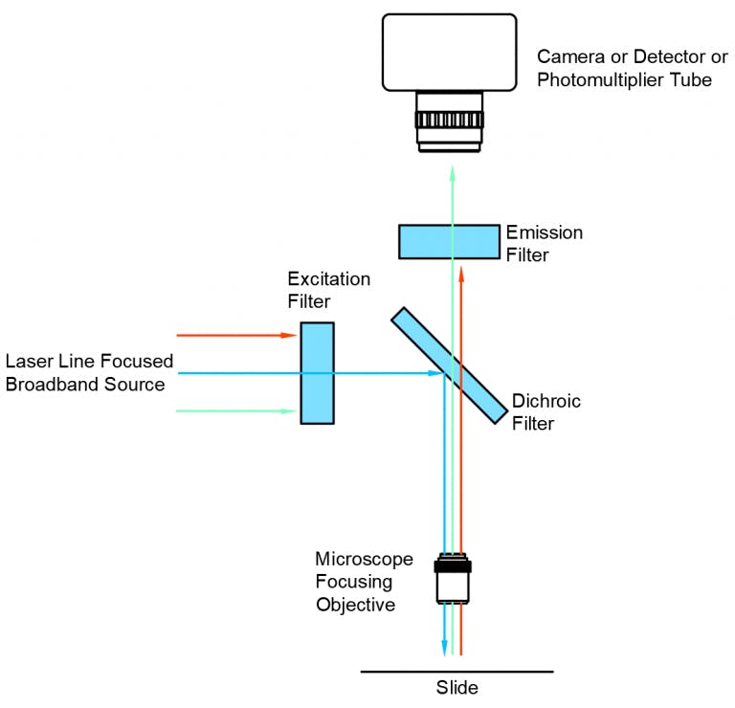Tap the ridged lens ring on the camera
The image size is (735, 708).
coord(449,120)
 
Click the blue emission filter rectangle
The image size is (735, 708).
coord(449,242)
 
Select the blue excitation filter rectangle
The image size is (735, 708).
coord(317,373)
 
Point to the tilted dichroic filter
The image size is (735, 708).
coord(449,365)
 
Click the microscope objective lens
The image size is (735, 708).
coord(453,578)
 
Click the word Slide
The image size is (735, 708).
coord(457,688)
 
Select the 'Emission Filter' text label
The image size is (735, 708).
coord(544,244)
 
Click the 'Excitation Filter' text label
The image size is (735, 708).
coord(328,290)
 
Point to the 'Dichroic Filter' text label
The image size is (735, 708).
coord(546,410)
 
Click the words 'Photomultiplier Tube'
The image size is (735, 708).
coord(624,79)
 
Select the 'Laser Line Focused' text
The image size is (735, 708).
coord(89,362)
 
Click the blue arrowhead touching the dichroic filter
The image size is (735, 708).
coord(434,373)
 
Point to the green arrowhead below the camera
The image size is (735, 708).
coord(453,172)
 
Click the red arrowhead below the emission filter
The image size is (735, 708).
coord(462,274)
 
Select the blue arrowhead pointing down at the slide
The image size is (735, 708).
coord(445,649)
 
